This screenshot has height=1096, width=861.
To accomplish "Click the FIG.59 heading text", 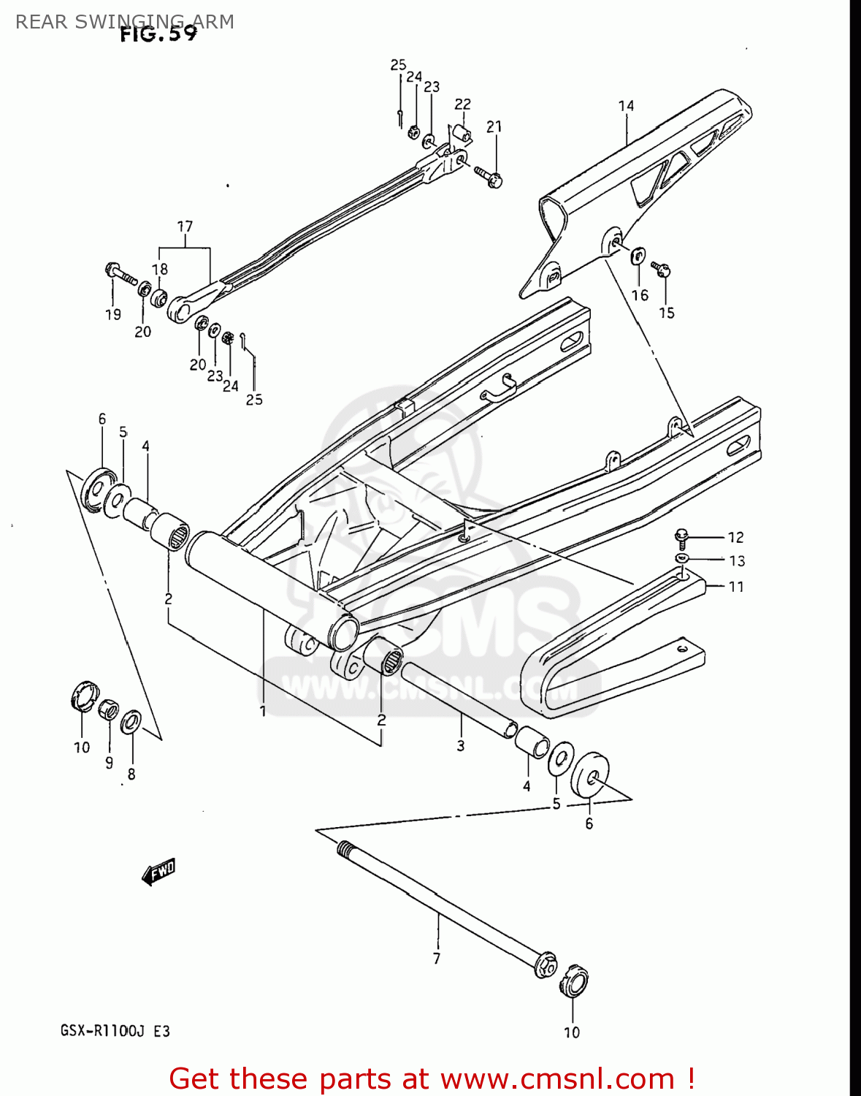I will tap(158, 34).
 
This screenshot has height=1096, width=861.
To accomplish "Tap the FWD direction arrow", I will tap(158, 871).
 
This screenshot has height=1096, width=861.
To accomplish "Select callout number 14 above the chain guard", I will tap(626, 106).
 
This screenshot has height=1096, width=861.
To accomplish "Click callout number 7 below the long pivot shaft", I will tap(436, 958).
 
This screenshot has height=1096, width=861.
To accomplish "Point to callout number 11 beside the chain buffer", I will tap(735, 587).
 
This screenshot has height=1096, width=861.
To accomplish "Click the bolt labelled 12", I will tap(681, 539).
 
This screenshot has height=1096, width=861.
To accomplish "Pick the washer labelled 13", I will tap(682, 559).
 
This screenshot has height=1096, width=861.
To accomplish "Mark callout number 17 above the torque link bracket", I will tap(185, 227).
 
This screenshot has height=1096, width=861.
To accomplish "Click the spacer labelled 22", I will tap(462, 133).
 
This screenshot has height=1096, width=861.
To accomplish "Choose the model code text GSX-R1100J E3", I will tap(115, 1031).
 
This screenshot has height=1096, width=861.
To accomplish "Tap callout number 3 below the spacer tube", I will tap(460, 746).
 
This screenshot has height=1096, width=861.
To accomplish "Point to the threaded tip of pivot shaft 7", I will tap(345, 849).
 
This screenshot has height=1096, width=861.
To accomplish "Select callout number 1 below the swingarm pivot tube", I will tap(263, 710).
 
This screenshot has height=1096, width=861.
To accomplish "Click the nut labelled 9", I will tap(108, 709).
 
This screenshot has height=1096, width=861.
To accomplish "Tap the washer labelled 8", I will tap(132, 722).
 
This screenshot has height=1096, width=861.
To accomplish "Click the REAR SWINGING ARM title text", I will tap(125, 21).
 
